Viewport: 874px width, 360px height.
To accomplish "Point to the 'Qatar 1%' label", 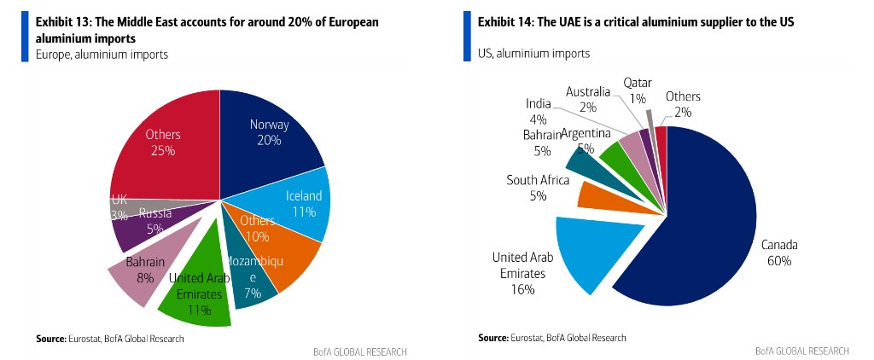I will [x=637, y=90].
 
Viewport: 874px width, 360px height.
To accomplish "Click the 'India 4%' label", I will [x=539, y=112].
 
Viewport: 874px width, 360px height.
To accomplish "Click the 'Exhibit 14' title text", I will [x=634, y=21].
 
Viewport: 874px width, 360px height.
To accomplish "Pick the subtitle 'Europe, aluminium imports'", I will [x=102, y=55].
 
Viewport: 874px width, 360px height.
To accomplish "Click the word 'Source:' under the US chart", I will [x=493, y=339].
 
